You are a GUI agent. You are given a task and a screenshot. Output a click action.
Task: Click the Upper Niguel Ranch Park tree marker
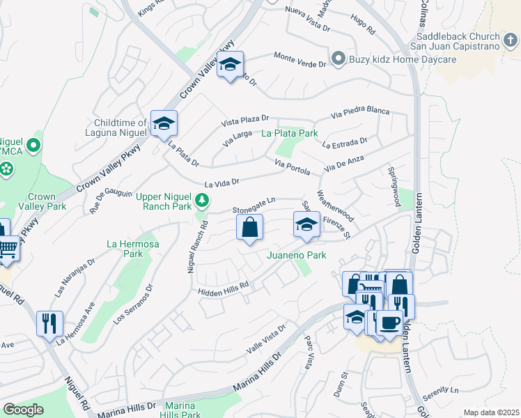coord(202,201)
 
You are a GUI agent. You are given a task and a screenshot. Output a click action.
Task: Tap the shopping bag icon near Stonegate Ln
coord(249,227)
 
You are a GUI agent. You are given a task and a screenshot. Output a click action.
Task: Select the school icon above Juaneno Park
coord(306,226)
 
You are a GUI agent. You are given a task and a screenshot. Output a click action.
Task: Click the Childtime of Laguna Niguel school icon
coord(164,124)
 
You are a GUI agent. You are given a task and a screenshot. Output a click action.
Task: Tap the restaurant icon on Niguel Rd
coord(49,323)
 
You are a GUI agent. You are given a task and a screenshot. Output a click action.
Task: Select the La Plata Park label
coord(289,133)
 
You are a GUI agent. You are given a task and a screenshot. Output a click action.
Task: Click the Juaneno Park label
coord(297,256)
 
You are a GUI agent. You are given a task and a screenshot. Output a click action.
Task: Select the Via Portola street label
coord(292,166)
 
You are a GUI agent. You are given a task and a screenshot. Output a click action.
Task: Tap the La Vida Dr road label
coord(221,183)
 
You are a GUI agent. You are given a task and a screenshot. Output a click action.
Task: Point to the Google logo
coord(23,410)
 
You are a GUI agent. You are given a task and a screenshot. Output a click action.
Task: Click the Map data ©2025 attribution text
coord(491,412)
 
